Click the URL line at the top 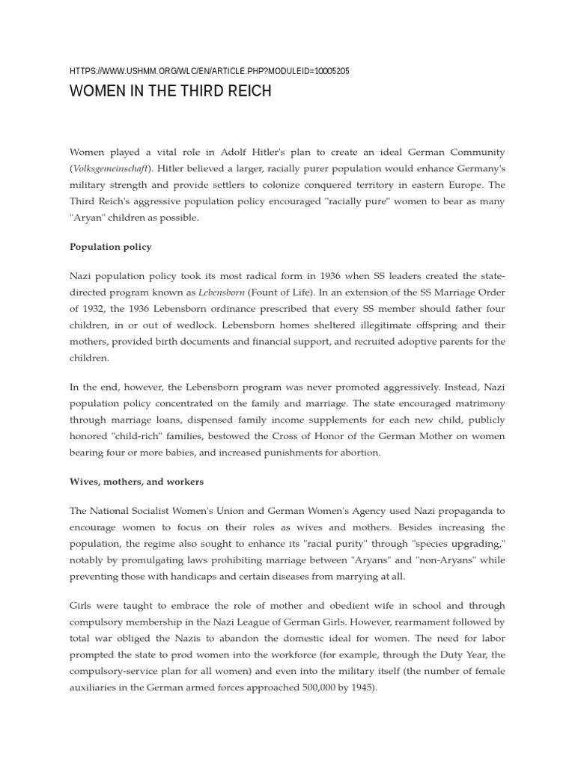point(209,71)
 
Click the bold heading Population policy point(111,246)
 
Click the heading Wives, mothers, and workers point(136,482)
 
